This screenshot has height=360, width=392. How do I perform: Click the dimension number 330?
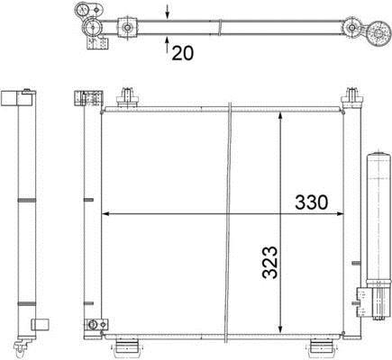[x=311, y=202]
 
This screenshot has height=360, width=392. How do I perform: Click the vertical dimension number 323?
[x=269, y=263]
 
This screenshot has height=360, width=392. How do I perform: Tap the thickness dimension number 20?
[x=183, y=53]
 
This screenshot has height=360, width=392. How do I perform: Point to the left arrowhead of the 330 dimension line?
[x=105, y=214]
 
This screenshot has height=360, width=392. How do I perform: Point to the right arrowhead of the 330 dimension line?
[x=340, y=214]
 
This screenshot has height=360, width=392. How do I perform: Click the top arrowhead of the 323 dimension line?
[x=280, y=116]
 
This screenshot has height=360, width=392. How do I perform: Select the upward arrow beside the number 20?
[x=168, y=44]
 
